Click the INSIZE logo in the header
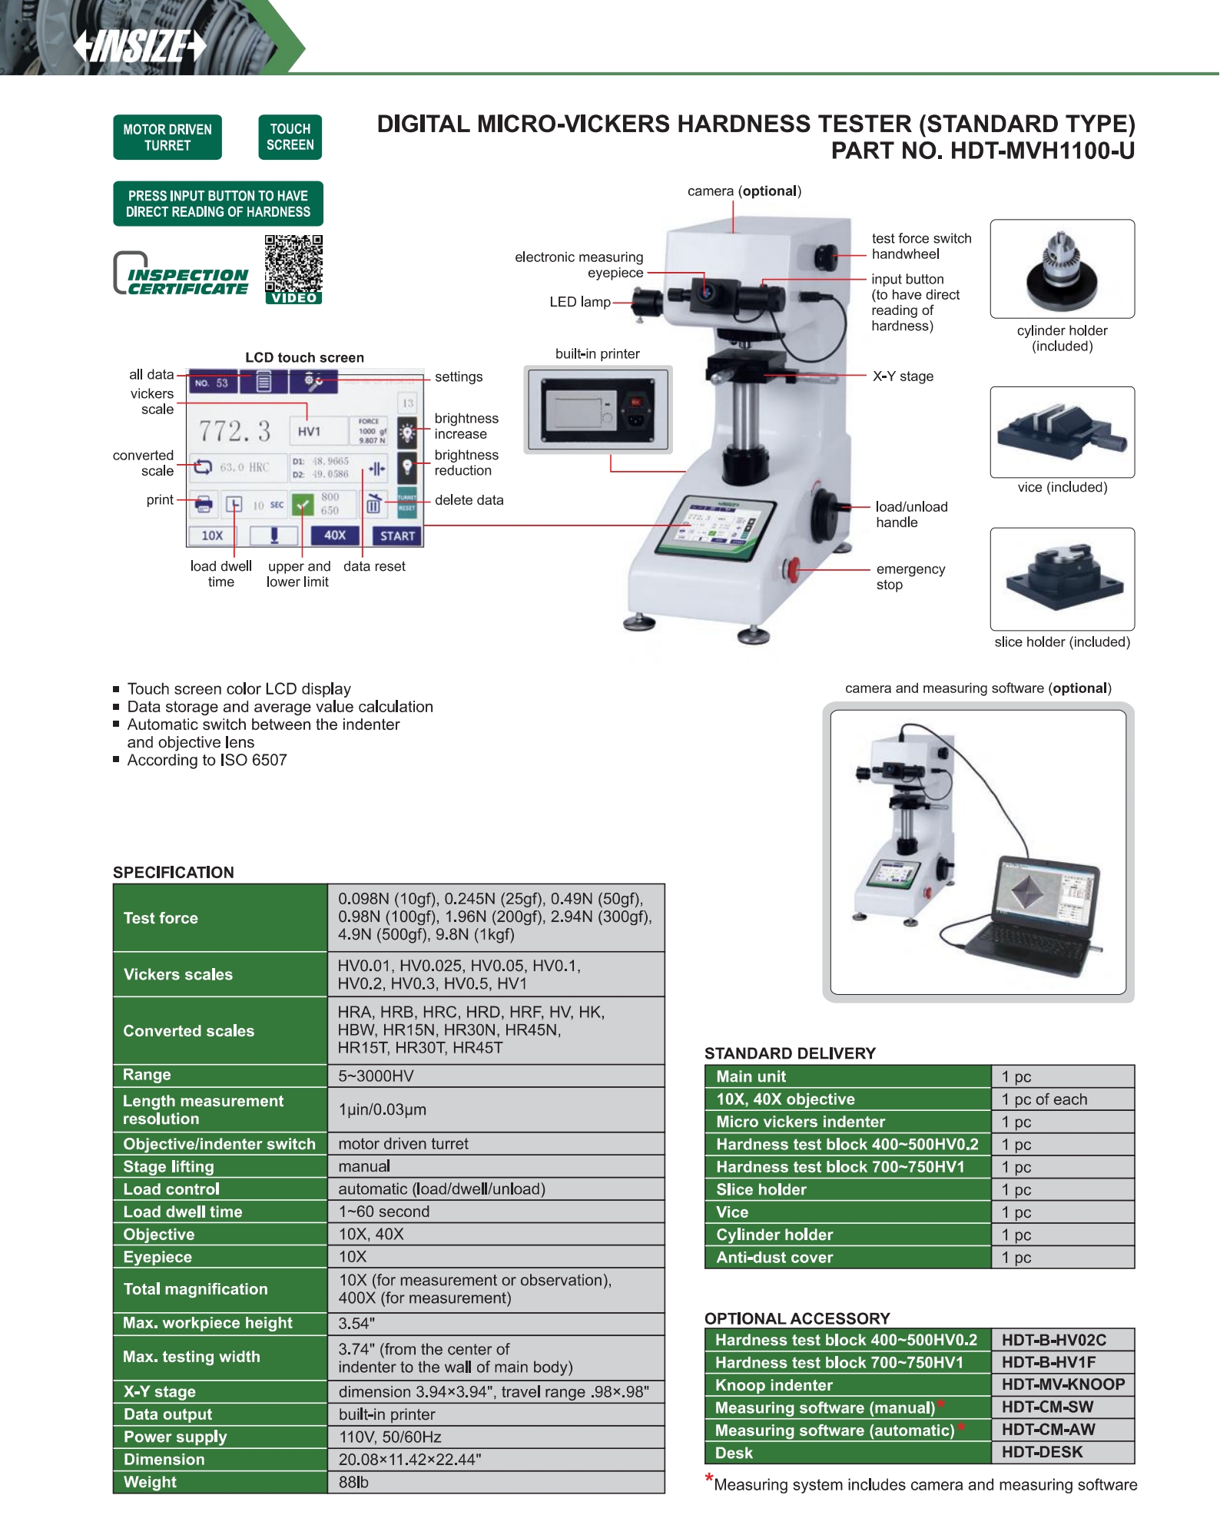coord(140,45)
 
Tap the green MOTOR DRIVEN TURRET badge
coord(167,138)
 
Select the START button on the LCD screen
coord(397,535)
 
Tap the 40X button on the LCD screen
coord(334,535)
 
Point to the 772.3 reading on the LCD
coord(235,431)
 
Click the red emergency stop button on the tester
coord(792,569)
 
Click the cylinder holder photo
coord(1062,269)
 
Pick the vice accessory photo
coord(1062,432)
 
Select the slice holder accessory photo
coord(1062,579)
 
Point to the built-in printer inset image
coord(598,409)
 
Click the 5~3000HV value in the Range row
coord(376,1076)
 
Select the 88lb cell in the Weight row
coord(353,1482)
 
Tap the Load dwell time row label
coord(183,1212)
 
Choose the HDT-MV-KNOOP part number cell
coord(1063,1384)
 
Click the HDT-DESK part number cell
coord(1042,1452)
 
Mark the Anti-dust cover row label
coord(774,1257)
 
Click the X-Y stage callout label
coord(903,376)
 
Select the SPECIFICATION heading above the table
coord(174,872)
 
